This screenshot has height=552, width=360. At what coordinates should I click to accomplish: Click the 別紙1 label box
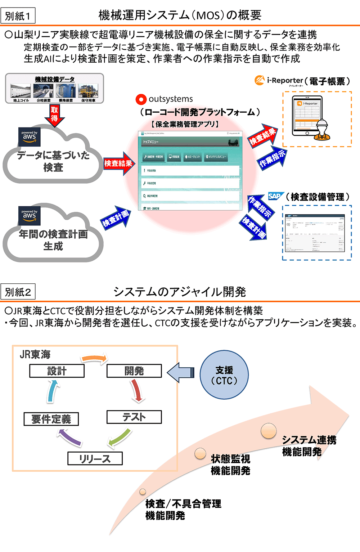(18, 16)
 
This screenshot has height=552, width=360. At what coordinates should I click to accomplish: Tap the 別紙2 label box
(18, 292)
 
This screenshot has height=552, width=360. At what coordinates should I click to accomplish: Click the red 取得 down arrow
(54, 115)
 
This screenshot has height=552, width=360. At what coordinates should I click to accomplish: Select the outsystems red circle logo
(141, 99)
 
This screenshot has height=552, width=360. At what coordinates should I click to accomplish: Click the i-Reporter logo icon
(259, 80)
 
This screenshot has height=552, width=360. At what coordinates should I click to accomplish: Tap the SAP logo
(275, 196)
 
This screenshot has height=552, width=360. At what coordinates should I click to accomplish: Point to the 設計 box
(57, 371)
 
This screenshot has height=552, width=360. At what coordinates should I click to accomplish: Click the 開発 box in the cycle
(134, 371)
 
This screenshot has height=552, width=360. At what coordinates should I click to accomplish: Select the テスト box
(134, 417)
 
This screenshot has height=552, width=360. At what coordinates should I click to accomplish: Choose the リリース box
(95, 459)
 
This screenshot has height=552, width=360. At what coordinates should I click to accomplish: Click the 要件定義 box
(51, 419)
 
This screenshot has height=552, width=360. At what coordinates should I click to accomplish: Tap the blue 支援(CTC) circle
(224, 375)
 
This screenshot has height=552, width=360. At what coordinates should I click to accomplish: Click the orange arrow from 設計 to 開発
(94, 358)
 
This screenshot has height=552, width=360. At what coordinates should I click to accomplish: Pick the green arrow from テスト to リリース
(120, 438)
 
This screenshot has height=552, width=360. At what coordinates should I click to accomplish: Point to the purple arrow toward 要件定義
(70, 437)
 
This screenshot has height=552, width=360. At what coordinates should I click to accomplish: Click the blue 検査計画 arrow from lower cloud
(116, 217)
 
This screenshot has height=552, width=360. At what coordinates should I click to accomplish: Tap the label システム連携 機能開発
(309, 446)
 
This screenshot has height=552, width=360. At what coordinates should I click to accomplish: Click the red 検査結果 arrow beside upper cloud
(118, 163)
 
